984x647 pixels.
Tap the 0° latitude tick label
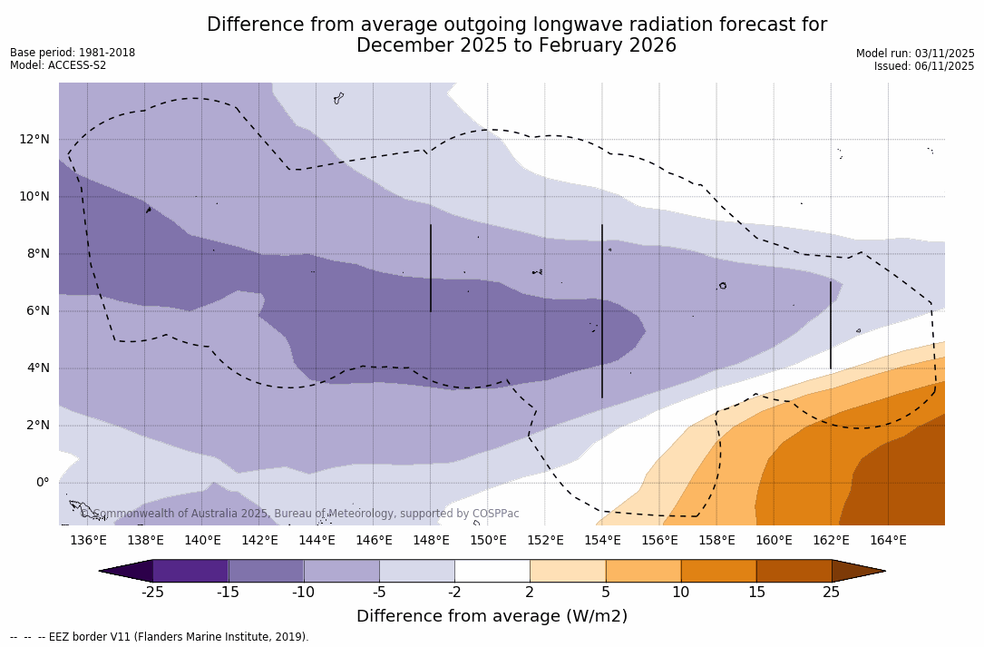[x=42, y=482]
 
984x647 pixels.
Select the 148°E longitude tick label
[x=431, y=541]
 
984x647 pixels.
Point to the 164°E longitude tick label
[x=888, y=541]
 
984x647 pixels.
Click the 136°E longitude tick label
[x=88, y=541]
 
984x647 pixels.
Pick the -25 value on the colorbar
[x=152, y=593]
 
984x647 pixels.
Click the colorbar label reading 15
[x=755, y=593]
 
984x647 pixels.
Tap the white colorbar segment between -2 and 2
[x=492, y=571]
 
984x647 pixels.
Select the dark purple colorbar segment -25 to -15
[x=190, y=571]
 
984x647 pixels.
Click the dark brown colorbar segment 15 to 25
[x=794, y=571]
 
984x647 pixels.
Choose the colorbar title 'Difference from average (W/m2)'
[x=492, y=616]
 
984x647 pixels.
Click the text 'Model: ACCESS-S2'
[x=58, y=65]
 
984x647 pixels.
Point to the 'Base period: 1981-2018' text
[x=73, y=53]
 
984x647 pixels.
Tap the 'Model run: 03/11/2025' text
[x=915, y=54]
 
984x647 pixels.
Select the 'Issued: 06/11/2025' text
[x=924, y=66]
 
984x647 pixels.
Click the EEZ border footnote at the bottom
[x=160, y=637]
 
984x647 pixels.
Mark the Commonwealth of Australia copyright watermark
[x=299, y=514]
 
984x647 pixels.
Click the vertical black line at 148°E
[x=431, y=268]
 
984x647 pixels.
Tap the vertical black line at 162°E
[x=831, y=325]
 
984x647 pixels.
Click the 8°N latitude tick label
[x=39, y=253]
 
